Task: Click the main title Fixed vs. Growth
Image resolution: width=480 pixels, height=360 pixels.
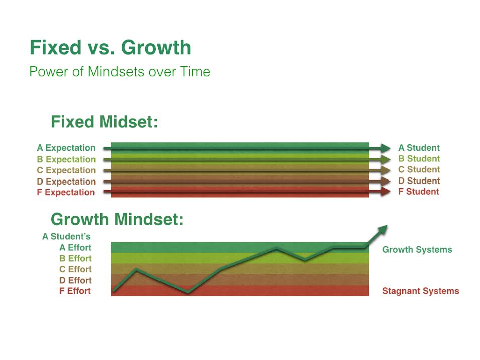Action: (110, 48)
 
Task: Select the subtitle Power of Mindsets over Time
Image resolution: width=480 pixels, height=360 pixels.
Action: (120, 72)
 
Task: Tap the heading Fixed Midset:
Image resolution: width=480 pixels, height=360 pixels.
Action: (104, 122)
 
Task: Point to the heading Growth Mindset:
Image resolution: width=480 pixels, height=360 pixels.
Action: (117, 219)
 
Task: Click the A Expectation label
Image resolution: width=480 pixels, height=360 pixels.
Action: (66, 148)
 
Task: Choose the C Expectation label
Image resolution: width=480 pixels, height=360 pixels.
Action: (66, 170)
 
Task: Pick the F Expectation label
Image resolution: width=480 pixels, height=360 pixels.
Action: (66, 192)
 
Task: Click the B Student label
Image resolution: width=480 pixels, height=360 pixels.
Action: (419, 159)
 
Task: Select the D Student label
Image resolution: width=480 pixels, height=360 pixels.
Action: (419, 181)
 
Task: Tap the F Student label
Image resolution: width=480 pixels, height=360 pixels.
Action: (418, 192)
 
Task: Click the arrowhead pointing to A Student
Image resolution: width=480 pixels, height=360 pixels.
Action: (385, 148)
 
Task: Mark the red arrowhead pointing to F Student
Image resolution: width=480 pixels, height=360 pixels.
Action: (385, 192)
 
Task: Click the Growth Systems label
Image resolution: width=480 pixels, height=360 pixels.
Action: (417, 250)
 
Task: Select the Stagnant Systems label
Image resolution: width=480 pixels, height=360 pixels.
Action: (421, 291)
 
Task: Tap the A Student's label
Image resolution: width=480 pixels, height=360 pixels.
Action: (66, 236)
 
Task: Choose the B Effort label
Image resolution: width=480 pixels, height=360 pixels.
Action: (75, 258)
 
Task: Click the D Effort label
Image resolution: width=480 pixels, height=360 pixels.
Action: (75, 280)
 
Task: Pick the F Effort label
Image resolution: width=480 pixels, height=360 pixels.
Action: (75, 291)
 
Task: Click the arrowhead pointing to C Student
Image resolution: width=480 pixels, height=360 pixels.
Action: (385, 170)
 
